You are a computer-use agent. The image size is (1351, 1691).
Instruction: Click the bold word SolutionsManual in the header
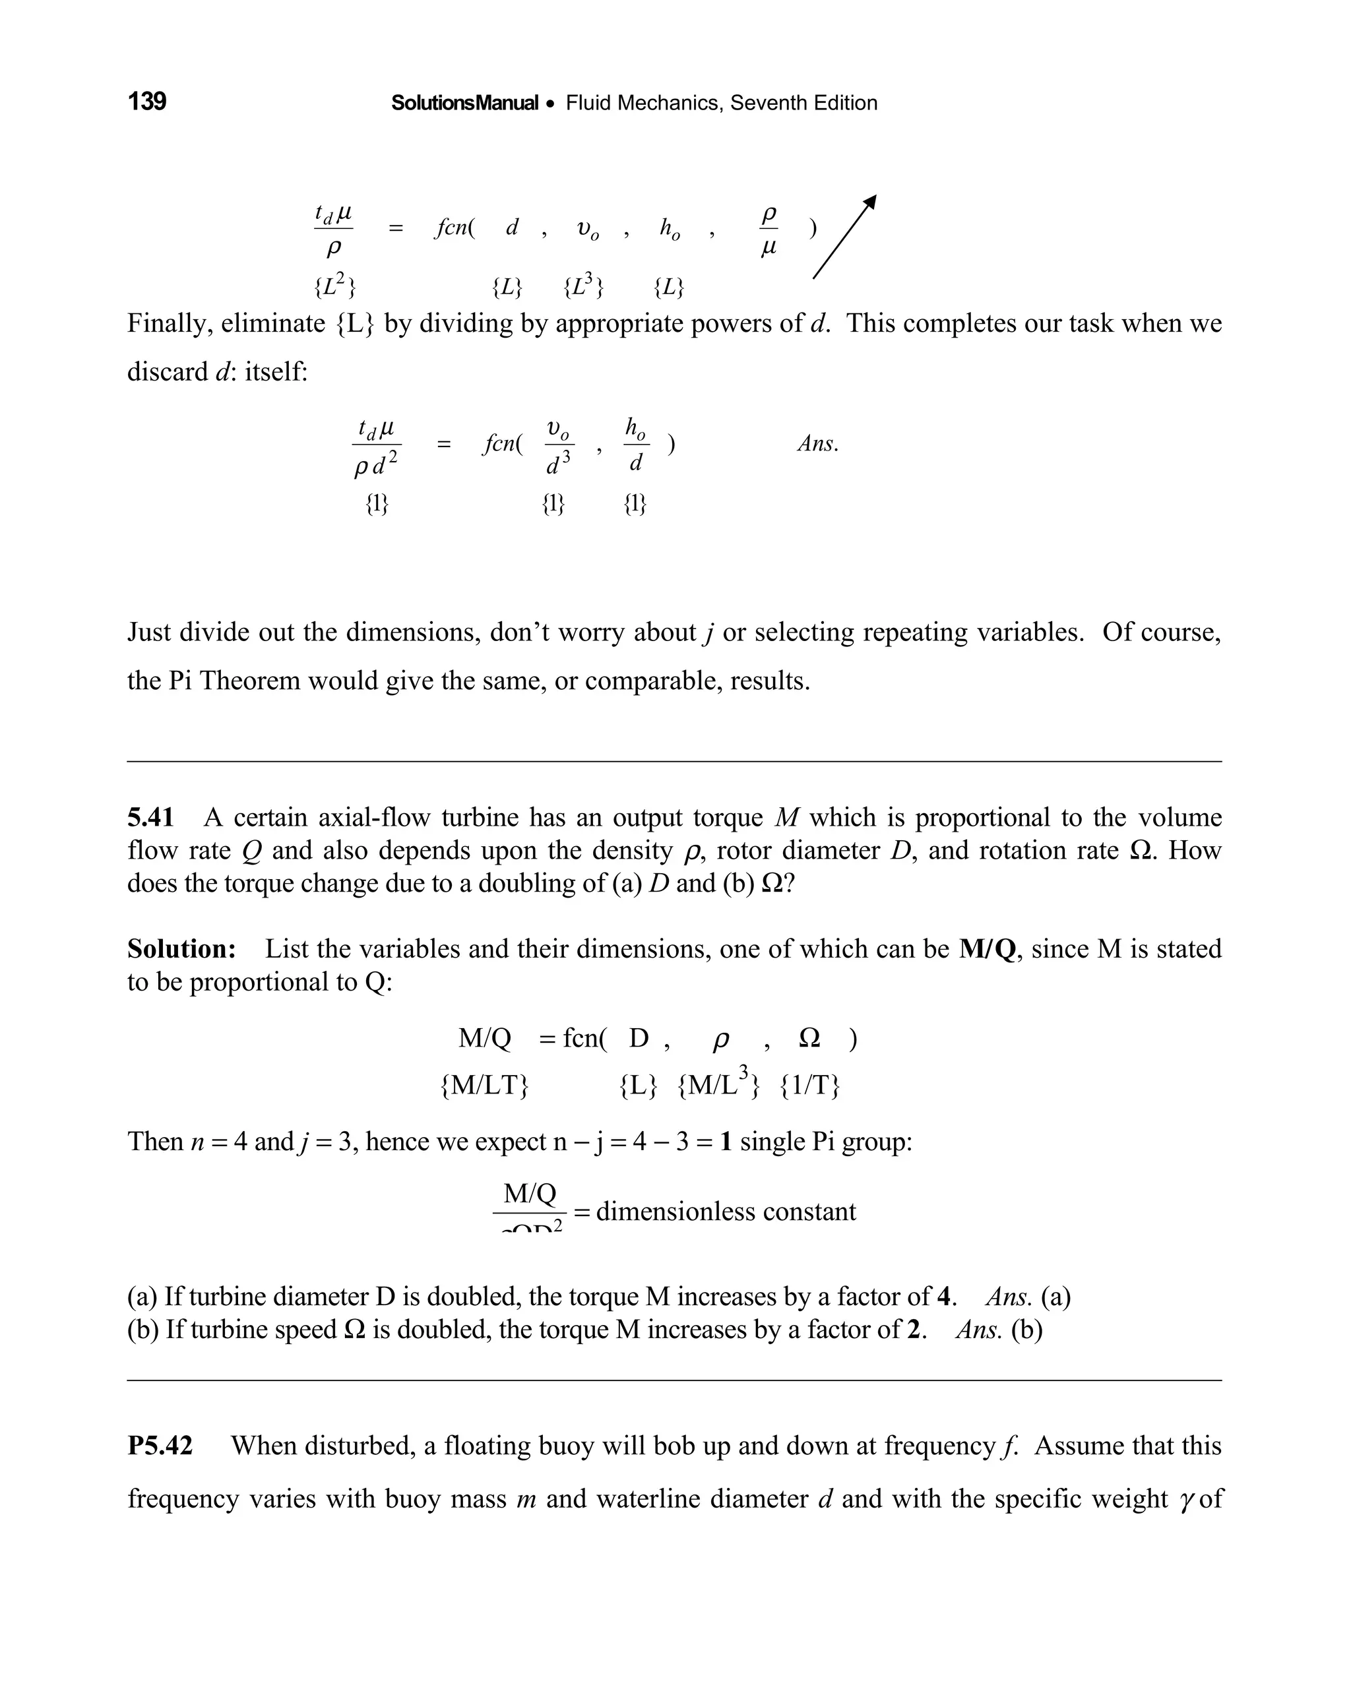[x=464, y=104]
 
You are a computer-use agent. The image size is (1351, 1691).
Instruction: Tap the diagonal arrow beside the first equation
[x=844, y=237]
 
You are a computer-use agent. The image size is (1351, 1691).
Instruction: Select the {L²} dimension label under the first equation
[x=335, y=287]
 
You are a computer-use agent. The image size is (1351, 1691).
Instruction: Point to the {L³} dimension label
[x=584, y=287]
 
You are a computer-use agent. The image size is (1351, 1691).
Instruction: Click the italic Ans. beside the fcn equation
[x=817, y=444]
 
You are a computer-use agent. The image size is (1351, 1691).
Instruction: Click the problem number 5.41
[x=150, y=818]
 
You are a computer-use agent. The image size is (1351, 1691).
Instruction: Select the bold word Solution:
[x=181, y=949]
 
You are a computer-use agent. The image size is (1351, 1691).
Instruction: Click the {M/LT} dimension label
[x=484, y=1086]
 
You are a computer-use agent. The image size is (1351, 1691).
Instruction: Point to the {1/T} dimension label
[x=809, y=1086]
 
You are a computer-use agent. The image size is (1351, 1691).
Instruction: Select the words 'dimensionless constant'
[x=726, y=1212]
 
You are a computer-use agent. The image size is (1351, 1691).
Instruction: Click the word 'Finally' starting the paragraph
[x=169, y=323]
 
